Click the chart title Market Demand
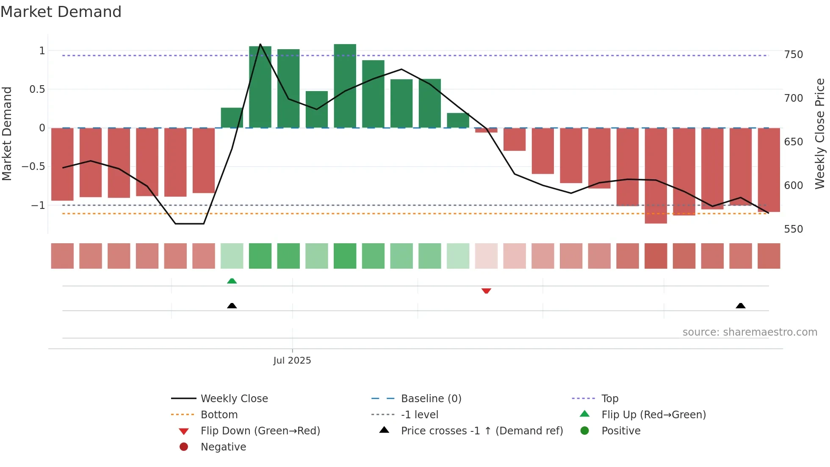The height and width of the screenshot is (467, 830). point(61,12)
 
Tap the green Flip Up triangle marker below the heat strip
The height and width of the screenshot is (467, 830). point(232,281)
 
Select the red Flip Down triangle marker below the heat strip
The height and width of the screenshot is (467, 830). point(486,291)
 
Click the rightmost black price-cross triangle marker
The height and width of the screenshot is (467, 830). point(740,306)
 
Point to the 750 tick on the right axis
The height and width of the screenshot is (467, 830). point(793,55)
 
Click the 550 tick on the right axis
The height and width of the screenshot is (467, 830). point(793,229)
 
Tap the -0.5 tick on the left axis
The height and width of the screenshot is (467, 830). point(33,167)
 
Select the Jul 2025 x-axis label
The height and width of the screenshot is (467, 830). point(292,361)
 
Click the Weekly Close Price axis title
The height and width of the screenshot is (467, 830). point(820,133)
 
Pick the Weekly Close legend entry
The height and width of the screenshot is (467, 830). point(234,399)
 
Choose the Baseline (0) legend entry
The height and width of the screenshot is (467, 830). point(431,399)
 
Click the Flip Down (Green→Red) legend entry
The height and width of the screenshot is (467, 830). point(260,431)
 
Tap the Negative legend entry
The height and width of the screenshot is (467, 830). point(223,447)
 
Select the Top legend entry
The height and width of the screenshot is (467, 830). point(609,399)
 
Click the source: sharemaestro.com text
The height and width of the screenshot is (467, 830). point(750,332)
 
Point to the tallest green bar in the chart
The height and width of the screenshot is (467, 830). point(345,85)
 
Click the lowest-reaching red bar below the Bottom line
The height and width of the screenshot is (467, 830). point(656,176)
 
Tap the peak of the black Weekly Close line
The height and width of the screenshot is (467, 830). point(260,44)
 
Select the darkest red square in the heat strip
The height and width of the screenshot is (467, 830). point(656,256)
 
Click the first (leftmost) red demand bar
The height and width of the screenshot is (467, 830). point(62,164)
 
